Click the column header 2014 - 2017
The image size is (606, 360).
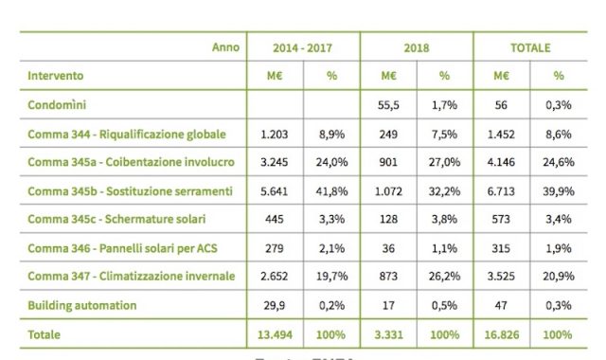[303, 47]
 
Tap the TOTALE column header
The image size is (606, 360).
[530, 47]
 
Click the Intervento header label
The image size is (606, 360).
[55, 75]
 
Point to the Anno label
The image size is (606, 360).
[225, 46]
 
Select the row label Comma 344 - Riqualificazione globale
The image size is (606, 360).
[127, 135]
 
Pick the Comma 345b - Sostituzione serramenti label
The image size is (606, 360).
[130, 191]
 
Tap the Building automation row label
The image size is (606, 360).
[82, 305]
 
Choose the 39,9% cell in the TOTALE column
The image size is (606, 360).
[559, 191]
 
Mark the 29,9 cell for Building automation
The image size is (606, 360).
[275, 305]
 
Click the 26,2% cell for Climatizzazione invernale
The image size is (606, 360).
[445, 277]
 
